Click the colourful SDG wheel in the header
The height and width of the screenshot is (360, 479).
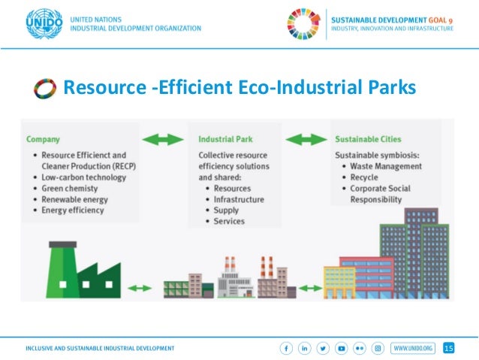(303, 23)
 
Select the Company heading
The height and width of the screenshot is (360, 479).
(44, 139)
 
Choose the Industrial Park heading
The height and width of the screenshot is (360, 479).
(224, 139)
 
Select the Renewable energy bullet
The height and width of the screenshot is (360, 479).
(75, 199)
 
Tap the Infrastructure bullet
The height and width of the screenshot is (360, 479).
(239, 199)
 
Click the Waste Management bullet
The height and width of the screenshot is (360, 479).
(383, 166)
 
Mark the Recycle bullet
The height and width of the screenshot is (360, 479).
(366, 177)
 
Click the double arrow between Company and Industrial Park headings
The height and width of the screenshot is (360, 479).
(164, 140)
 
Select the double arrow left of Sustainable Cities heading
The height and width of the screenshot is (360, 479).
(306, 140)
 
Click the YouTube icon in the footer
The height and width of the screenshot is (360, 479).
(342, 348)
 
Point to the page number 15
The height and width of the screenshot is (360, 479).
(449, 348)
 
